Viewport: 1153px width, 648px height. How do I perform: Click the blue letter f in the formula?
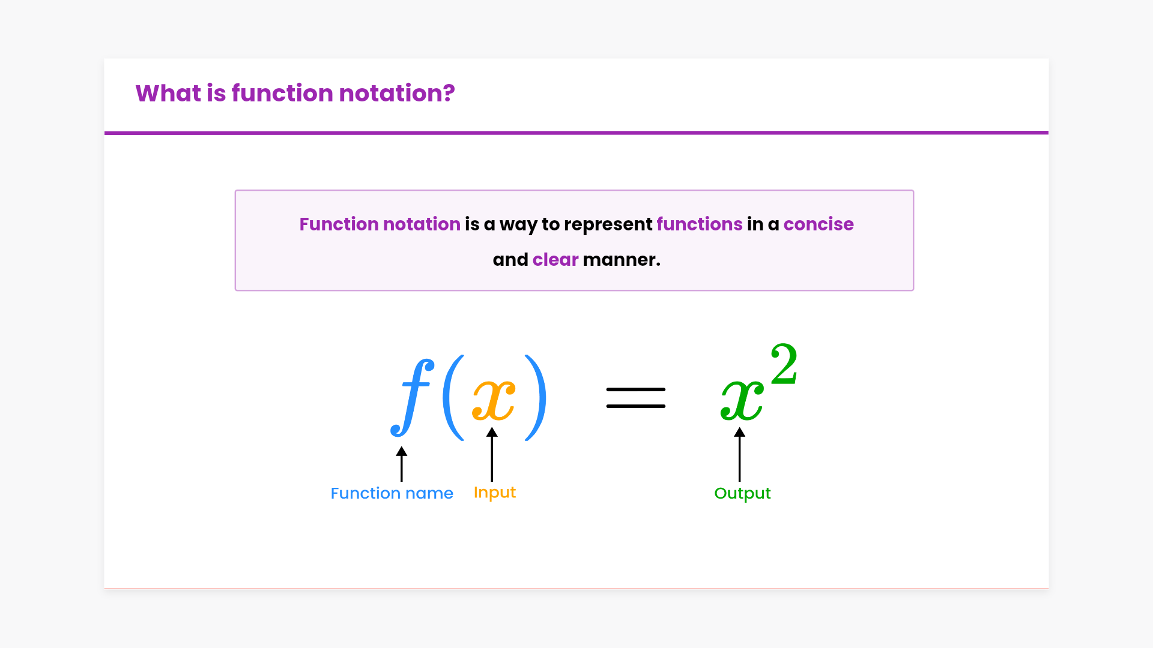click(413, 398)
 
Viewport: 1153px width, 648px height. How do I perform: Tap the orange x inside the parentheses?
click(494, 400)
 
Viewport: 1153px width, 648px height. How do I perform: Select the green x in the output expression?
click(742, 400)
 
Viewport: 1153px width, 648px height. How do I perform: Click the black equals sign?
click(636, 398)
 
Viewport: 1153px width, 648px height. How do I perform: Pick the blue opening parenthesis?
click(453, 398)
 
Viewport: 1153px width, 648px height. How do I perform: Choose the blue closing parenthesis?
click(536, 398)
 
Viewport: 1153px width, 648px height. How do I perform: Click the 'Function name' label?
click(392, 493)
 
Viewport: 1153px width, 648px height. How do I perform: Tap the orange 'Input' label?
click(495, 493)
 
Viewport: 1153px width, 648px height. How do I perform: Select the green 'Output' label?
click(742, 494)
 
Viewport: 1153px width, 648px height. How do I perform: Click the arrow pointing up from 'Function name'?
click(402, 464)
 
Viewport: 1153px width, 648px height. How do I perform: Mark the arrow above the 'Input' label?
click(492, 454)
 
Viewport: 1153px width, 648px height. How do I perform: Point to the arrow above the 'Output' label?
click(740, 454)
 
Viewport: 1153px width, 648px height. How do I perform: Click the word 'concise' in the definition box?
click(819, 224)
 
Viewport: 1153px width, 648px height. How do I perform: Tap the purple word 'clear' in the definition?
click(555, 259)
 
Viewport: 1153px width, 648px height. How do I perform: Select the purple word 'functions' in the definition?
click(700, 224)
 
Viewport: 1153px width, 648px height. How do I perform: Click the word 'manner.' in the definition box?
click(622, 260)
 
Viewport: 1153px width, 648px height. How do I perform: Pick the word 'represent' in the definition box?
click(608, 225)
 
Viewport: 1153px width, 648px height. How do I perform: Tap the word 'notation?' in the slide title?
click(397, 94)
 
